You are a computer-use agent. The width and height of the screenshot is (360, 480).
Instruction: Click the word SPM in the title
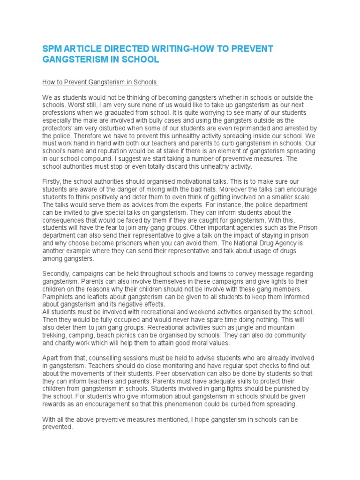point(52,49)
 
